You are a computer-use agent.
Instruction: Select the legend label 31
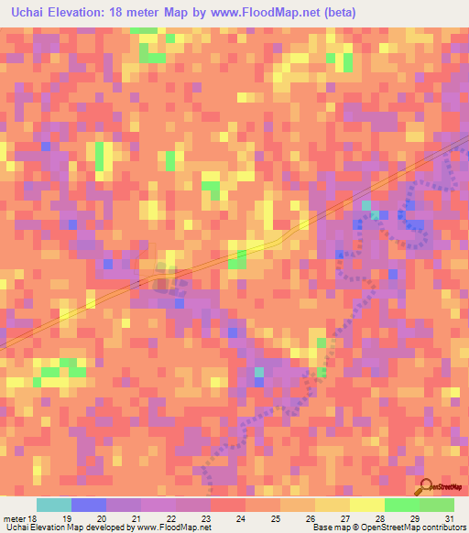pyautogui.click(x=448, y=517)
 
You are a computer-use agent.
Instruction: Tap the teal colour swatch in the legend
pyautogui.click(x=54, y=505)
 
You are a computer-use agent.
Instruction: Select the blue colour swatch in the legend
pyautogui.click(x=89, y=505)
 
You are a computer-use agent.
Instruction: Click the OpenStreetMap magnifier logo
pyautogui.click(x=428, y=488)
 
